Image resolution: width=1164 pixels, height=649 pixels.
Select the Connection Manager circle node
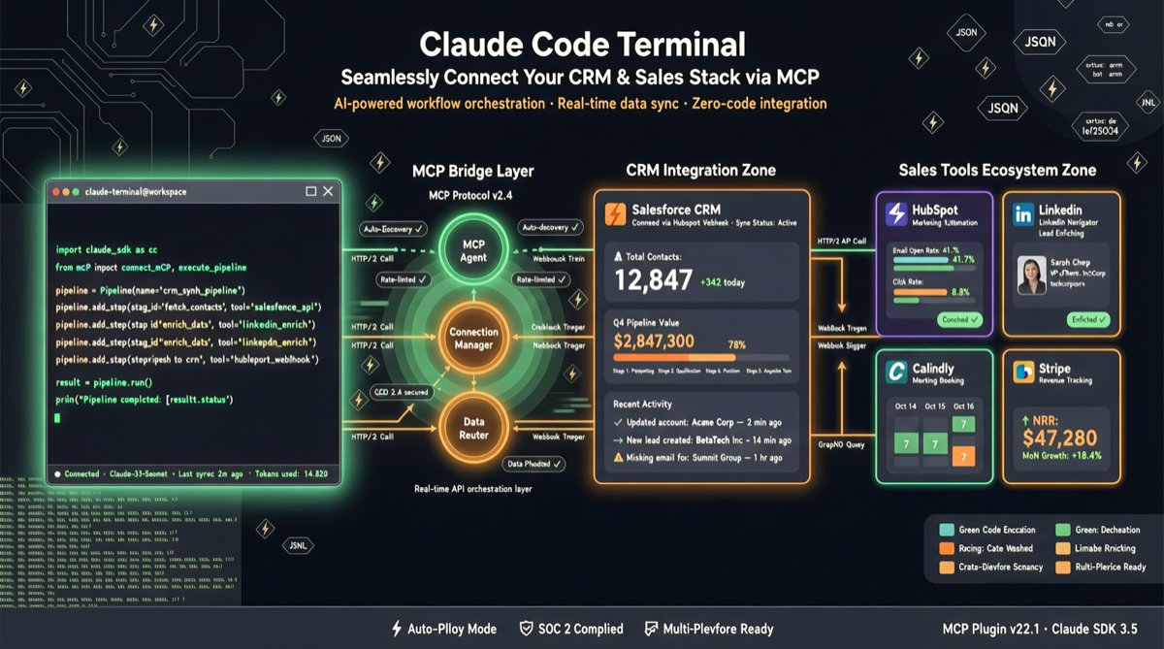coord(473,338)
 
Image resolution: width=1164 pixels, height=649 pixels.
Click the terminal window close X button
coord(328,192)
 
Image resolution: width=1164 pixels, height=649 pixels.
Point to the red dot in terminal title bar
coord(56,192)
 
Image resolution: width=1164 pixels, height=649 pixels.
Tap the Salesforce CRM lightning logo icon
coord(615,213)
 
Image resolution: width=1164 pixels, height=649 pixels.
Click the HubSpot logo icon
coord(896,213)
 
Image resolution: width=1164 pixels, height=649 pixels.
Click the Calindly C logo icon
coord(896,372)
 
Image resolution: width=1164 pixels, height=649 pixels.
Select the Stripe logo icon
coord(1022,372)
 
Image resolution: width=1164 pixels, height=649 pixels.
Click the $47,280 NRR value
coord(1061,438)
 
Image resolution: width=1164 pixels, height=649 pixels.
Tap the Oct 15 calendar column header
coord(934,406)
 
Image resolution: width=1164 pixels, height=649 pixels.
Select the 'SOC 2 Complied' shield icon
coord(527,629)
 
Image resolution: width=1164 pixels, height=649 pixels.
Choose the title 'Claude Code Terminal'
coord(582,45)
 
